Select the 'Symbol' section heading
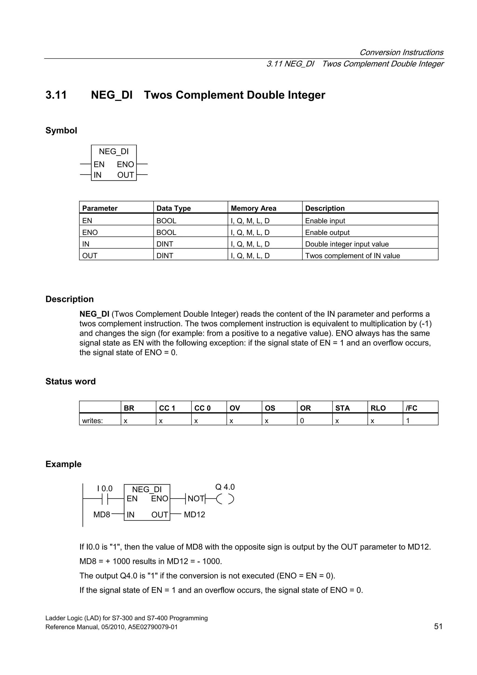click(x=61, y=130)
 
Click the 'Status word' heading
click(x=71, y=381)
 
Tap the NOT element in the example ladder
click(x=196, y=499)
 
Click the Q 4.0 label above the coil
click(x=225, y=487)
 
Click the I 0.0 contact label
click(x=105, y=489)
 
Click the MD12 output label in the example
click(x=194, y=514)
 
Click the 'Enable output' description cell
click(x=327, y=232)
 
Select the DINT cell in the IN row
click(x=165, y=244)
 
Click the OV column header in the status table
click(x=235, y=408)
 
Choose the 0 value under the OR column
click(x=302, y=421)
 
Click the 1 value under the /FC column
click(x=408, y=421)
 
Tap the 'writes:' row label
click(x=92, y=421)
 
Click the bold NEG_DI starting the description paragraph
click(x=94, y=314)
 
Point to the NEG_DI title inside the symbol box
click(x=114, y=151)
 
